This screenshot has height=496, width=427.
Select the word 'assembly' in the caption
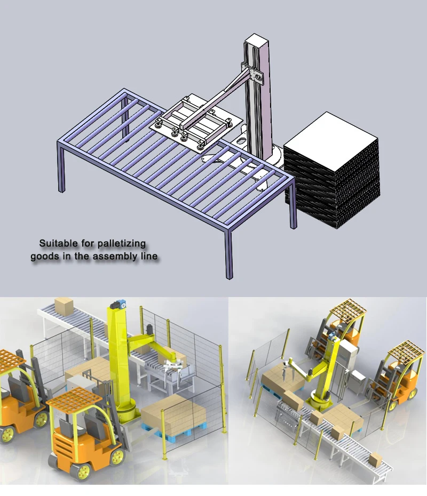pyautogui.click(x=114, y=257)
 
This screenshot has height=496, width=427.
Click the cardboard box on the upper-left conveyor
pyautogui.click(x=64, y=306)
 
